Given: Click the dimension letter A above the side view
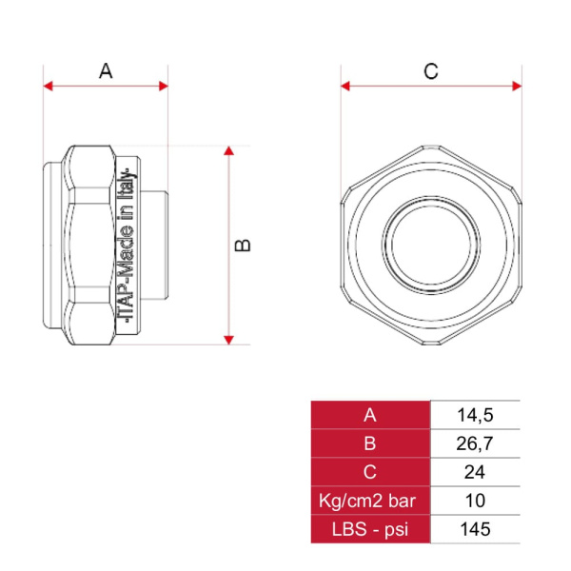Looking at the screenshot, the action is [x=106, y=71].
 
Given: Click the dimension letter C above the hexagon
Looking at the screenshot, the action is [x=431, y=71].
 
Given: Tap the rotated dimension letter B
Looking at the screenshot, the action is [x=243, y=246].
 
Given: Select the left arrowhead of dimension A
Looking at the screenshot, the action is [x=49, y=87].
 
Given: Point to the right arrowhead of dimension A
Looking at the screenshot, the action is [x=164, y=87].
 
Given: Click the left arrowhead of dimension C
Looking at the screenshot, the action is [x=345, y=87].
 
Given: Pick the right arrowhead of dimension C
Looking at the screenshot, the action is [x=517, y=87].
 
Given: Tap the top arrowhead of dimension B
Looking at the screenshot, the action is [x=228, y=150].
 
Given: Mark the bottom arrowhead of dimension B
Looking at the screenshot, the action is [x=228, y=340].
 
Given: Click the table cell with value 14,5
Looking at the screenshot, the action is [x=475, y=416].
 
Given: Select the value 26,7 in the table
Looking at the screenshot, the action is [x=475, y=443].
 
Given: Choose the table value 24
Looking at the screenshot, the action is [x=475, y=472].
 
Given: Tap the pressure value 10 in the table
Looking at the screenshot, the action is [x=475, y=501].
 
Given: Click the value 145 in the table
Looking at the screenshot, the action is [x=475, y=529].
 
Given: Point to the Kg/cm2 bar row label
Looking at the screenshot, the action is [x=367, y=502].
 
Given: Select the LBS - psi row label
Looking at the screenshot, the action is [x=370, y=530].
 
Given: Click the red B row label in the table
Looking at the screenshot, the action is [x=370, y=443].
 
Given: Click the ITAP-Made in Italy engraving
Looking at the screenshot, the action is [x=127, y=245].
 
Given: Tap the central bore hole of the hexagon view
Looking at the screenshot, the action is [x=431, y=245].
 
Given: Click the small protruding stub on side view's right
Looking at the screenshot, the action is [x=154, y=246].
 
